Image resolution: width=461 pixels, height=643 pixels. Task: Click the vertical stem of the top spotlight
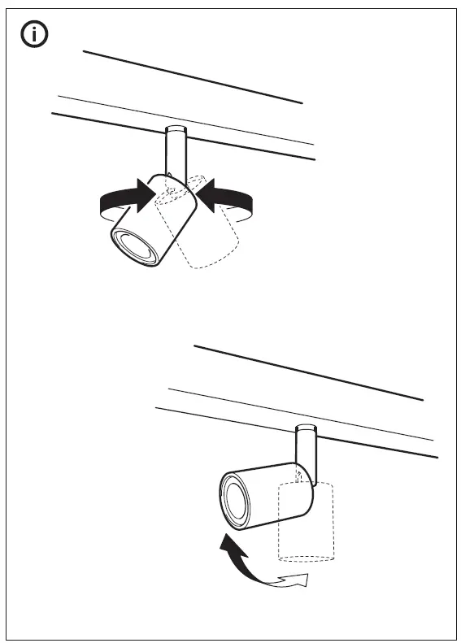point(176,152)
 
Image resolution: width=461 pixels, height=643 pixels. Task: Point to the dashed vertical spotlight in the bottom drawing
point(307,528)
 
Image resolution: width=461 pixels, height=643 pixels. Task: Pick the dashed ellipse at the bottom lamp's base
point(307,558)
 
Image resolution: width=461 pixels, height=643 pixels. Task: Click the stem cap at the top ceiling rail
point(176,128)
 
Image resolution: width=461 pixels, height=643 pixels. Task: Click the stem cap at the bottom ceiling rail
point(306,428)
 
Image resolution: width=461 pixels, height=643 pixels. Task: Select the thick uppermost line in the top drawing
point(193,77)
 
